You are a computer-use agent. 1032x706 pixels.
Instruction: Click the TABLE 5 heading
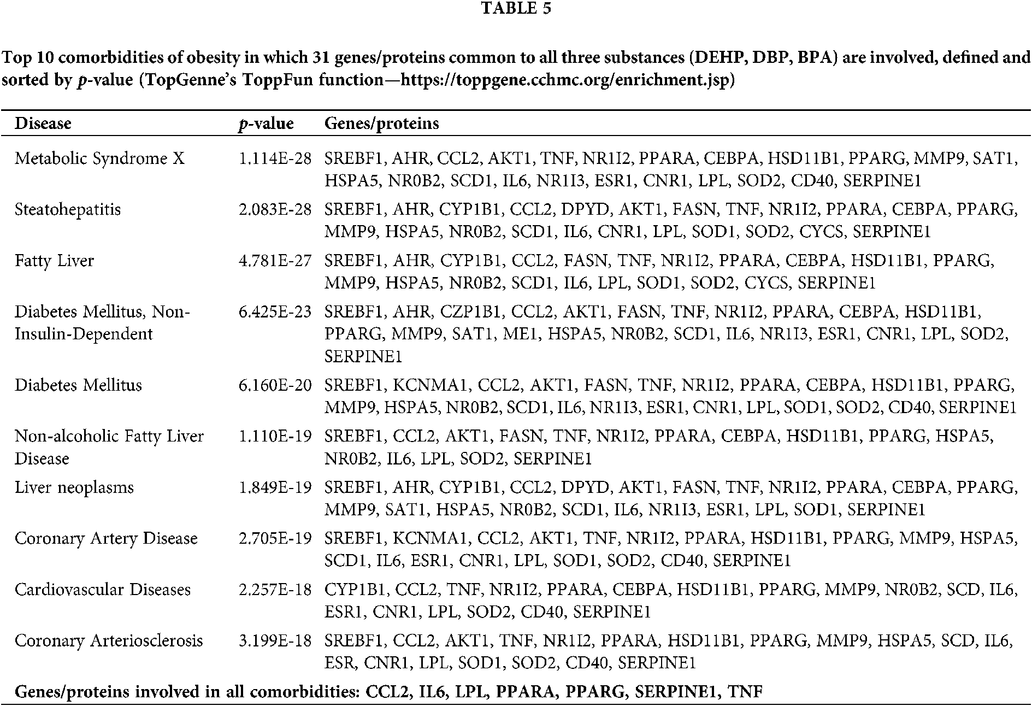coord(516,9)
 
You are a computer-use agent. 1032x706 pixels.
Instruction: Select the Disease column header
coord(43,123)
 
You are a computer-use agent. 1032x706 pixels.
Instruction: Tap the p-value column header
coord(266,123)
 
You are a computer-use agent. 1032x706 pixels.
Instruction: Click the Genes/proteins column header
coord(381,123)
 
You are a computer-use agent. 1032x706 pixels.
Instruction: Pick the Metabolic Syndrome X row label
coord(99,158)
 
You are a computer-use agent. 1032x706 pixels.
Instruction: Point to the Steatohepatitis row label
coord(68,209)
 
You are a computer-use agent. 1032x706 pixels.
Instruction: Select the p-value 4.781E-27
coord(275,261)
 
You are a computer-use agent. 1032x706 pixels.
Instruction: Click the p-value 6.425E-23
coord(275,312)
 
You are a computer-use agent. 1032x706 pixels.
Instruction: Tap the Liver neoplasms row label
coord(74,487)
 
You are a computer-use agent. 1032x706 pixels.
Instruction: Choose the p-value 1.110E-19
coord(275,436)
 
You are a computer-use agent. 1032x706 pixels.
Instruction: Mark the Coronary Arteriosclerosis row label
coord(109,640)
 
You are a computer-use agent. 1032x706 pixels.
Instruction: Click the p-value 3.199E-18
coord(275,640)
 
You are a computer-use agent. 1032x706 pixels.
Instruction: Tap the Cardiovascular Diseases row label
coord(103,590)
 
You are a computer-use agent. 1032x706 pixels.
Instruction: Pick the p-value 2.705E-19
coord(275,538)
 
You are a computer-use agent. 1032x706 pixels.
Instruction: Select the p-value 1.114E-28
coord(275,158)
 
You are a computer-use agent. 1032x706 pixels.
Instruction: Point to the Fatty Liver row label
coord(54,261)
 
